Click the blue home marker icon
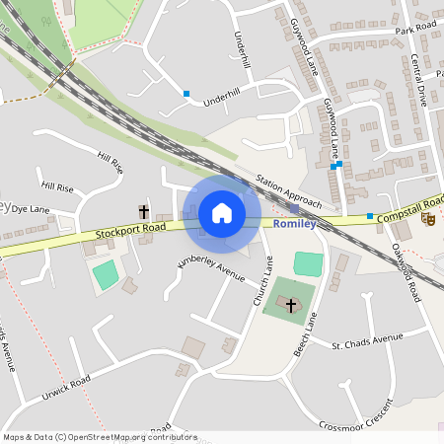(x=222, y=213)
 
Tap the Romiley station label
(x=294, y=224)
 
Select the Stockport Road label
(x=130, y=232)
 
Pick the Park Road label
(x=414, y=31)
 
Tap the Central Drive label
(x=417, y=79)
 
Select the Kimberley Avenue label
(x=210, y=266)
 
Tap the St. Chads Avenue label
(x=367, y=342)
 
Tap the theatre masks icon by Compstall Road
(x=427, y=218)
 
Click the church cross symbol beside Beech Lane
(x=291, y=306)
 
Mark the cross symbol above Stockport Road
(x=143, y=211)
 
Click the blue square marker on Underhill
(x=186, y=94)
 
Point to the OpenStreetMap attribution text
(x=99, y=437)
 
